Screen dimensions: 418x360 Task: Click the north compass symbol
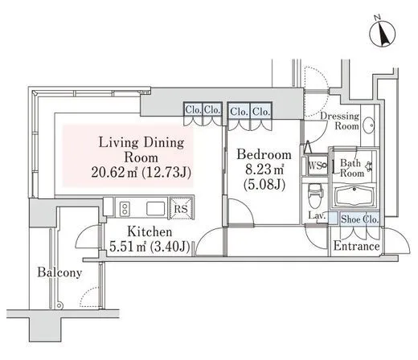coord(382,34)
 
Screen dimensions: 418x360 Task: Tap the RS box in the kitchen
coord(181,208)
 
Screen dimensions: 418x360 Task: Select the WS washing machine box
coord(318,165)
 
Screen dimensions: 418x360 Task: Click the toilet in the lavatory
coord(316,195)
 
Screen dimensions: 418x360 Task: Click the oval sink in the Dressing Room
coord(369,125)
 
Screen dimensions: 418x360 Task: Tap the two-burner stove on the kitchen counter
coord(125,208)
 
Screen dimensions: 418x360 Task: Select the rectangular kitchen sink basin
coord(156,208)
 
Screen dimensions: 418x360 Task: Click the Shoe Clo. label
coord(360,219)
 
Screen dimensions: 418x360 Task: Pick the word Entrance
coord(356,246)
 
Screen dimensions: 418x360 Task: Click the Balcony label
coord(59,272)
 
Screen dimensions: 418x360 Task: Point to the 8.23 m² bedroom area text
coord(264,170)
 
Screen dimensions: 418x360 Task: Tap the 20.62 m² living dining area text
coord(114,172)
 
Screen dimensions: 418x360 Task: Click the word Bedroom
coord(264,154)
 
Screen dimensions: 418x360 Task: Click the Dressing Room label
coord(340,121)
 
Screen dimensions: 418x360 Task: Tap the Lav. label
coord(317,215)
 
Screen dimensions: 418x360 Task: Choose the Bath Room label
coord(352,168)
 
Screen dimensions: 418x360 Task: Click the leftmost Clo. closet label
coord(193,109)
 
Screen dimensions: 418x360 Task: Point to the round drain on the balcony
coord(60,305)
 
